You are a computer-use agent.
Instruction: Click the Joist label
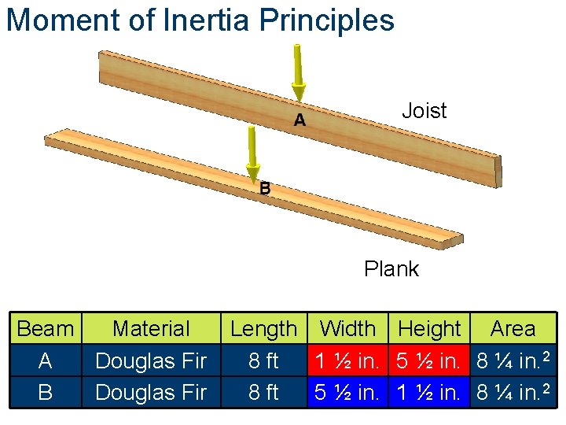coord(424,111)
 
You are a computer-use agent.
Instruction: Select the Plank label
coord(391,269)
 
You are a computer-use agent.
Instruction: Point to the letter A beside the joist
coord(300,120)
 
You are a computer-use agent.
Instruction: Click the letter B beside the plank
coord(265,189)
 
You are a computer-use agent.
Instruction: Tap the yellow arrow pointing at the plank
coord(252,153)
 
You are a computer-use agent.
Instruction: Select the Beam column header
coord(45,329)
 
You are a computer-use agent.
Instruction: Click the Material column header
coord(151,329)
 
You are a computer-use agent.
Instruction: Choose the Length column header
coord(263,329)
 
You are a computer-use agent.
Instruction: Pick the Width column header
coord(348,329)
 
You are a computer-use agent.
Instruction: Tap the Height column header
coord(430,329)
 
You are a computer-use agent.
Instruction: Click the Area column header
coord(513,329)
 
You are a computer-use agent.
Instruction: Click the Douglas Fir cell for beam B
coord(151,392)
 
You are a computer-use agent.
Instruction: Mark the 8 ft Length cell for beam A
coord(263,361)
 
